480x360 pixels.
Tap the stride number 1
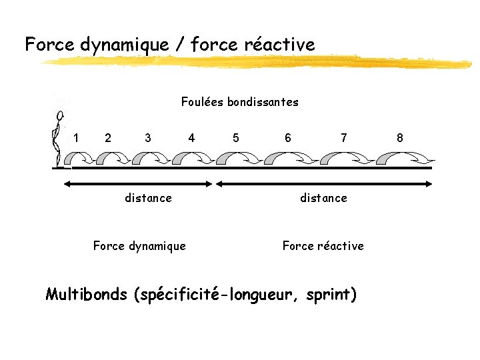point(77,138)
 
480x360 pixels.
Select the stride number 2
point(108,138)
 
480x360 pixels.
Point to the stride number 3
point(147,138)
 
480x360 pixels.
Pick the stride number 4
point(191,138)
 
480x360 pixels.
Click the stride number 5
point(235,138)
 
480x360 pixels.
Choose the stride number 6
point(287,138)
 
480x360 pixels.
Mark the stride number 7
point(343,138)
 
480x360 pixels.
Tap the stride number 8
point(400,138)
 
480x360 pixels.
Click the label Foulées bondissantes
point(239,102)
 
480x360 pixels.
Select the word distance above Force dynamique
point(148,198)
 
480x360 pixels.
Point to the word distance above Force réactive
point(323,198)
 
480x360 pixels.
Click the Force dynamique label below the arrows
point(139,246)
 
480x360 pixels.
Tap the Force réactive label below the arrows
point(323,246)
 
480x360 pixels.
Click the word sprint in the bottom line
point(330,295)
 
